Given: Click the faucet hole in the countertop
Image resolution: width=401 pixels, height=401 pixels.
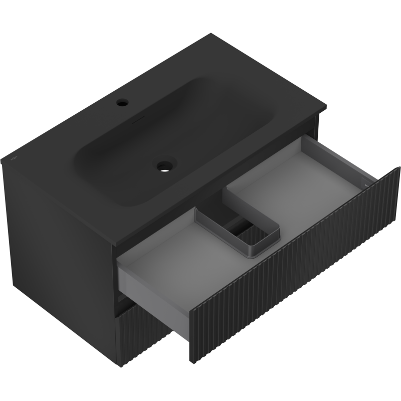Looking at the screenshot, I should click(x=122, y=104).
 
